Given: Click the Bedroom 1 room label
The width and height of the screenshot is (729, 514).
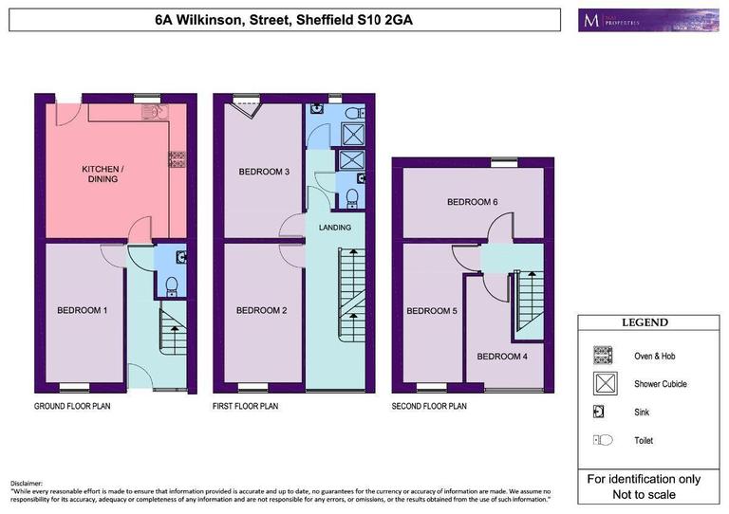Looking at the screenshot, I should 82,310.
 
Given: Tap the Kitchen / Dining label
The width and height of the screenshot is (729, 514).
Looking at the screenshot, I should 99,174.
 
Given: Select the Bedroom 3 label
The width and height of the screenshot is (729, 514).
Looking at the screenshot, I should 263,172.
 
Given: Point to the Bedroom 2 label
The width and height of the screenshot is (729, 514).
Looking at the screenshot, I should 261,310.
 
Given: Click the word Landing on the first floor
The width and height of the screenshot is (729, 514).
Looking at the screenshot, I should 335,228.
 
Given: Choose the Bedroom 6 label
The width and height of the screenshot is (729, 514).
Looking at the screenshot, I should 473,202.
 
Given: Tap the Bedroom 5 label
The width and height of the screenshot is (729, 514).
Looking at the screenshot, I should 432,310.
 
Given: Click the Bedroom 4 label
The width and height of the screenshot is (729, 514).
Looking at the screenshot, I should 500,357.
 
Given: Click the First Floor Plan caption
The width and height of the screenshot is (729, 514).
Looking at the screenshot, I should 246,406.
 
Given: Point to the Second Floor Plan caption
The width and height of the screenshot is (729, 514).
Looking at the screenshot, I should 429,406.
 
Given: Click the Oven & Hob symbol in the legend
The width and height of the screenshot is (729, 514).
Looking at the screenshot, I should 602,356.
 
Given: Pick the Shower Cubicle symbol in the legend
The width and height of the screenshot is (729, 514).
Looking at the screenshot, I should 602,384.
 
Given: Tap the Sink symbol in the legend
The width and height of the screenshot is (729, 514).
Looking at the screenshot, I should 600,412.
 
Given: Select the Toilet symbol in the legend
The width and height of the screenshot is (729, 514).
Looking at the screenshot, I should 603,440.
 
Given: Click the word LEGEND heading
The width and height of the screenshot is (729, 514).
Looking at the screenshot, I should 645,322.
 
